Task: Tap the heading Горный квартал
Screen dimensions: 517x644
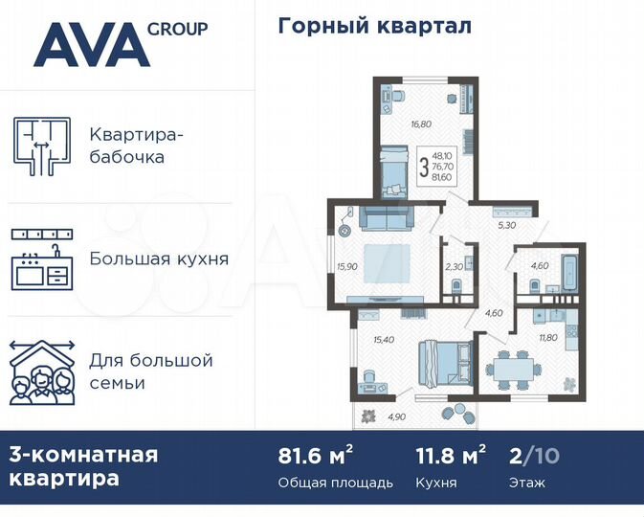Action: tap(374, 26)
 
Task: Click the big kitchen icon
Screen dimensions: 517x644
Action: tap(42, 258)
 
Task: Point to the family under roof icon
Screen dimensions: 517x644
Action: tap(42, 372)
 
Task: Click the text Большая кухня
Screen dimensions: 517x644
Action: tap(159, 258)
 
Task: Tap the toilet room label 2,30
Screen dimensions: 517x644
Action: tap(454, 267)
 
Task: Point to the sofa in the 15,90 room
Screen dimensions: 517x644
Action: tap(386, 220)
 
